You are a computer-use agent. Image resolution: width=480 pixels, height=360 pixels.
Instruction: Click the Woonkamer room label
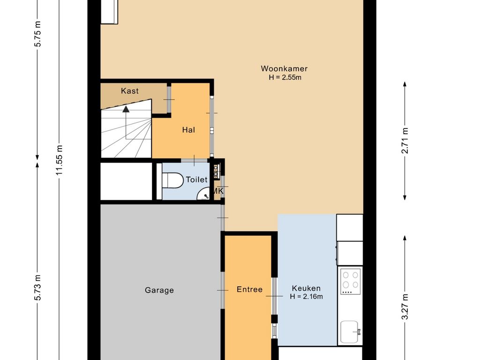(x=284, y=68)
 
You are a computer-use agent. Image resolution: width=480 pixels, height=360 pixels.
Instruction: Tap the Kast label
(x=130, y=91)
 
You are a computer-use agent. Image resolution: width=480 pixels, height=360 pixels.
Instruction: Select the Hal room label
(x=188, y=130)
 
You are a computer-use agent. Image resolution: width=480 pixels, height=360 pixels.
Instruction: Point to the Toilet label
(x=196, y=180)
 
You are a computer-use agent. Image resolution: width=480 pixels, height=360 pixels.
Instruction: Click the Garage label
(x=159, y=290)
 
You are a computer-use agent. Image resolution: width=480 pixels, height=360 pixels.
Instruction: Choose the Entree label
(x=249, y=289)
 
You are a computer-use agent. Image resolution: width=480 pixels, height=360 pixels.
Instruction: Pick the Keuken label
(x=306, y=288)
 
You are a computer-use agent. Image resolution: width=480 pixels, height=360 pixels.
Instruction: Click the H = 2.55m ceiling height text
(x=285, y=77)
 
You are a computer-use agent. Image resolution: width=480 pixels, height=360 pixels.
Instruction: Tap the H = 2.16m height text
(x=306, y=297)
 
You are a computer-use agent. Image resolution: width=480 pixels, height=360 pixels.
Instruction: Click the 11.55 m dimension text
(x=59, y=160)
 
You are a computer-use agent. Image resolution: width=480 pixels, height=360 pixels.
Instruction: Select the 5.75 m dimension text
(x=37, y=34)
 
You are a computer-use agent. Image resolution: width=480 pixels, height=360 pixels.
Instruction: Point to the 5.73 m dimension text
(x=37, y=288)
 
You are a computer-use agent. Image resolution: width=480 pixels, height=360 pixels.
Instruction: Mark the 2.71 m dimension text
(x=405, y=141)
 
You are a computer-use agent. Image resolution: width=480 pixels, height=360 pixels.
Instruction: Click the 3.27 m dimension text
(x=405, y=307)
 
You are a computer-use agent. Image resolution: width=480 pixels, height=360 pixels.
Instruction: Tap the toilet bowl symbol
(x=172, y=180)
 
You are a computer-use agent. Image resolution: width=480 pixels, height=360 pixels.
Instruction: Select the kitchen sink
(x=350, y=332)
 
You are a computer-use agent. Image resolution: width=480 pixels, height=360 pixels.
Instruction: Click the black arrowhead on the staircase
(x=126, y=109)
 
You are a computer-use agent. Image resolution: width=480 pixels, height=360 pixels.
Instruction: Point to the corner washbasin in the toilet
(x=203, y=194)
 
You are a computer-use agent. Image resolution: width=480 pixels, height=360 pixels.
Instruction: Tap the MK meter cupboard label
(x=218, y=192)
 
